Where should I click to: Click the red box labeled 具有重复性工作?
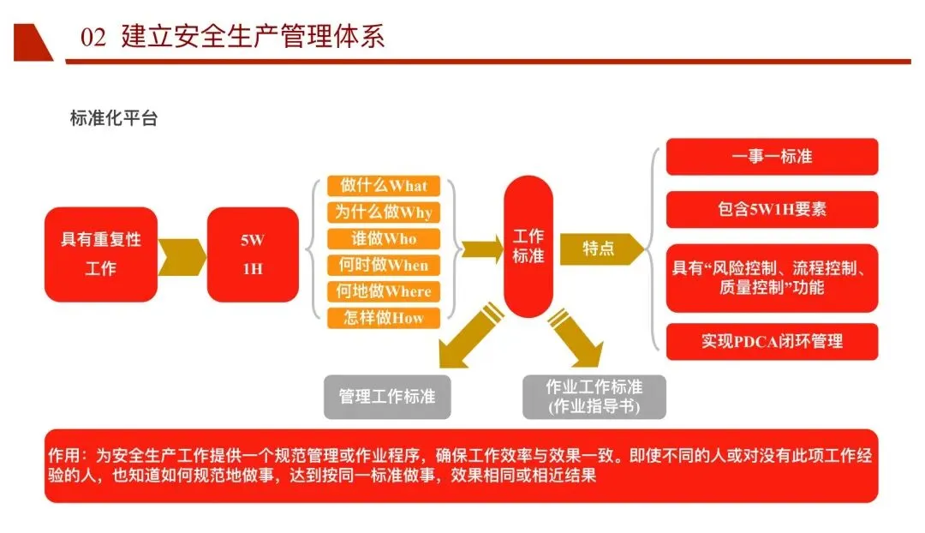[101, 255]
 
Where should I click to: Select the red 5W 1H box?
[252, 255]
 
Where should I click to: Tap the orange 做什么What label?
[383, 186]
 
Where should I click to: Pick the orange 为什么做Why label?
[383, 213]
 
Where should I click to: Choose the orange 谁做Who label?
[383, 238]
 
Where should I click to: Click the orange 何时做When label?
[383, 265]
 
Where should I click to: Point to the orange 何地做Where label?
[383, 291]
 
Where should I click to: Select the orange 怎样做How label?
[383, 318]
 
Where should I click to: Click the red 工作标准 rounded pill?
[528, 246]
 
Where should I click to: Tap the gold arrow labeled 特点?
[600, 249]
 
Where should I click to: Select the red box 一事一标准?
[772, 157]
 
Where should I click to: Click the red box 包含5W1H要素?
[772, 209]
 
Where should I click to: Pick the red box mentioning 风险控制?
[772, 278]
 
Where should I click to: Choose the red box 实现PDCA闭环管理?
[772, 341]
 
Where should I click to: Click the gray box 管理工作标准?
[387, 397]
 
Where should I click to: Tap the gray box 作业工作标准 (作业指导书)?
[594, 397]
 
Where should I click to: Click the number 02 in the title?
[92, 38]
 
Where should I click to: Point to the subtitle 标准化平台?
[114, 119]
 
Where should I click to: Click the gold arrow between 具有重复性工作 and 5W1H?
[182, 255]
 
